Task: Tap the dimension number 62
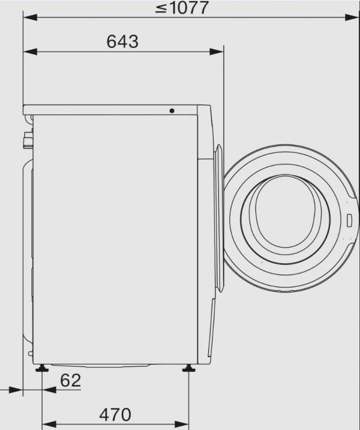pyautogui.click(x=70, y=380)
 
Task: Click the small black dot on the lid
pyautogui.click(x=172, y=111)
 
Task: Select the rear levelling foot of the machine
pyautogui.click(x=42, y=368)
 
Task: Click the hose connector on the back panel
pyautogui.click(x=26, y=141)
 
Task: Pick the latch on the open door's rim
pyautogui.click(x=349, y=219)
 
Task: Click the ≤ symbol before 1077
pyautogui.click(x=160, y=9)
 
